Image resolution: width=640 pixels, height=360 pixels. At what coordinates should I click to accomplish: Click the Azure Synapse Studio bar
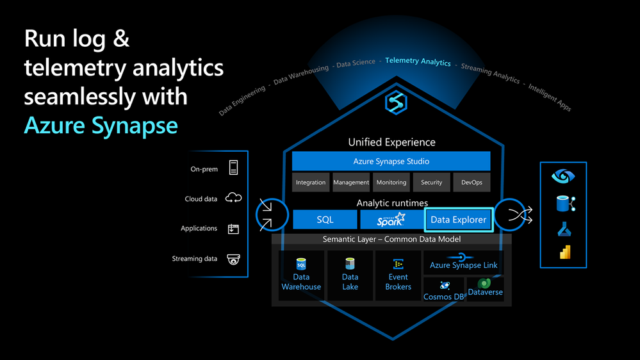[x=391, y=161]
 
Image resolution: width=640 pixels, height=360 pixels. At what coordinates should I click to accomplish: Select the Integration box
[x=311, y=183]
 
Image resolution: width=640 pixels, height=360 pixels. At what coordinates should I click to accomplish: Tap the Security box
[x=431, y=183]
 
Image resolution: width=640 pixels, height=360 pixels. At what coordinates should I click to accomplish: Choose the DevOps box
[x=472, y=183]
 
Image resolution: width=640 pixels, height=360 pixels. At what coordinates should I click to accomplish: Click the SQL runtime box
[x=325, y=220]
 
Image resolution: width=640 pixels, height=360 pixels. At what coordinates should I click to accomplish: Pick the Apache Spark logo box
[x=391, y=220]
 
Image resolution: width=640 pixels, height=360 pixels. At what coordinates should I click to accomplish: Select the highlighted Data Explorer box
[x=459, y=220]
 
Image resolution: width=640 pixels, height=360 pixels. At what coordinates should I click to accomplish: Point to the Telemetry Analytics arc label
[x=418, y=61]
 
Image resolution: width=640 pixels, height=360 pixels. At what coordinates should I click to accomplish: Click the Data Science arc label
[x=356, y=63]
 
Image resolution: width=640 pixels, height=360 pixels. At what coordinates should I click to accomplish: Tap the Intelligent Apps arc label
[x=550, y=97]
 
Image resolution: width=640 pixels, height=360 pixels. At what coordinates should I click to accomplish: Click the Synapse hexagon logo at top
[x=396, y=102]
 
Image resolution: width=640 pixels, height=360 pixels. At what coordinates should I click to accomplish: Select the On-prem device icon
[x=233, y=168]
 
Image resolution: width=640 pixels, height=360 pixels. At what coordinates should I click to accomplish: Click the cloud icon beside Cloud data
[x=233, y=198]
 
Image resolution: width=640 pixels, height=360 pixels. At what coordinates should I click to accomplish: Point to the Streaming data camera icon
[x=233, y=259]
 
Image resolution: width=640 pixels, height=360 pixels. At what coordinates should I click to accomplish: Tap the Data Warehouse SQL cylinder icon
[x=301, y=264]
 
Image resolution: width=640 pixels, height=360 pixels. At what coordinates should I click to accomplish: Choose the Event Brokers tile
[x=398, y=275]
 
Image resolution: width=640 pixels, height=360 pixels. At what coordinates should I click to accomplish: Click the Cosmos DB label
[x=444, y=297]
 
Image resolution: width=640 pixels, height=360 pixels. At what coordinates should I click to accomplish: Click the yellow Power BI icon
[x=565, y=252]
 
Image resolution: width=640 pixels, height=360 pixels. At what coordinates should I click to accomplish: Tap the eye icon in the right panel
[x=563, y=176]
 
